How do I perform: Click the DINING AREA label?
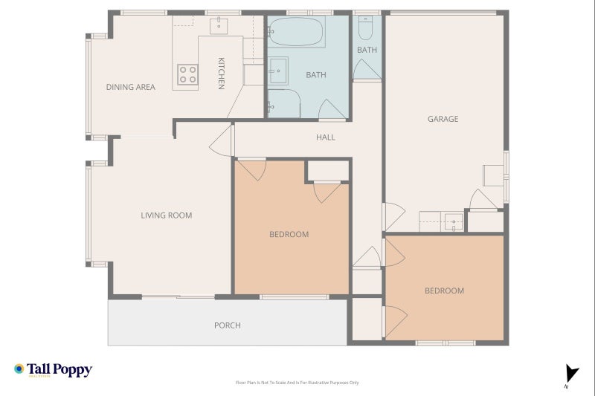130,87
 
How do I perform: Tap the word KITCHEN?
221,73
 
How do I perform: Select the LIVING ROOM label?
167,215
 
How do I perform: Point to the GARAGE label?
443,119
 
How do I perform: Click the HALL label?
325,137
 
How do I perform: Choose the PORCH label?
227,325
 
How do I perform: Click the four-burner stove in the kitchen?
187,74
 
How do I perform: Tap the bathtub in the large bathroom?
296,33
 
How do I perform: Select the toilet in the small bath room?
365,28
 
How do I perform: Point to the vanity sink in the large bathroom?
278,71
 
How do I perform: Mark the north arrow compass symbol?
570,374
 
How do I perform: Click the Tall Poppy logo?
53,370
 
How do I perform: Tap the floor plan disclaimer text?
297,383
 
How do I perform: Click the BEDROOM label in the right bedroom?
444,290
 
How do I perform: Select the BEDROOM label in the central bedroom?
289,234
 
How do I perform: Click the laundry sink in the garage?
453,221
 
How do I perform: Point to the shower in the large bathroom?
283,104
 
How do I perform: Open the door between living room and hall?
222,140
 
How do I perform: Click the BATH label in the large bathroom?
316,75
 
